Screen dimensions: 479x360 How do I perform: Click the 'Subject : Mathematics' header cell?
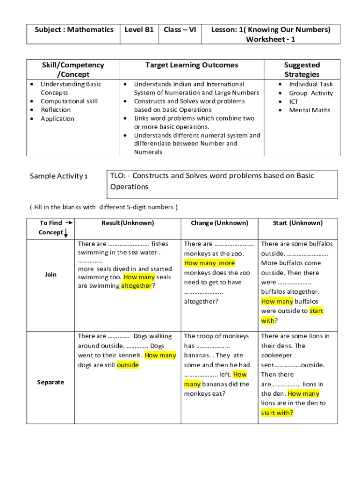[74, 30]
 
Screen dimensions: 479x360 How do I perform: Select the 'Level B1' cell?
[139, 30]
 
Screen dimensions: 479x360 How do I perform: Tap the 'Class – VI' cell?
[180, 30]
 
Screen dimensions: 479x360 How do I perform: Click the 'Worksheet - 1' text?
[271, 40]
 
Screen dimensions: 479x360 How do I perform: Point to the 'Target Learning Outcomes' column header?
[192, 65]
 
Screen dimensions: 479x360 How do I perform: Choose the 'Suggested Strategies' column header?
[302, 70]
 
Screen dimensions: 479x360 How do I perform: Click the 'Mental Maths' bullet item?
[310, 110]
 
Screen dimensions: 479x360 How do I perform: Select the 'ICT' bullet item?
[294, 102]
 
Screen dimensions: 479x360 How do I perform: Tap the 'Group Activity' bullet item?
[311, 93]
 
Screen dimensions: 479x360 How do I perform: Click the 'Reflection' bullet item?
[56, 110]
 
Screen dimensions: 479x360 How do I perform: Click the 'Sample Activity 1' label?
[58, 176]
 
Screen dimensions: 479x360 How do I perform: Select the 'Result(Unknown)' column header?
[128, 223]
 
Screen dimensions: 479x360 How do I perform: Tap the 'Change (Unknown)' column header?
[219, 223]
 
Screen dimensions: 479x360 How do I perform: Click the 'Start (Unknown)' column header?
[298, 223]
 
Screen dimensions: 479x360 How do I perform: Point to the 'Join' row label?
[50, 275]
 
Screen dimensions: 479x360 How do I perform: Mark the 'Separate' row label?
[50, 382]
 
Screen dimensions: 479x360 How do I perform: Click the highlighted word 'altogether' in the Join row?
[137, 286]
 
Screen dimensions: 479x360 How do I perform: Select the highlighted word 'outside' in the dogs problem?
[128, 365]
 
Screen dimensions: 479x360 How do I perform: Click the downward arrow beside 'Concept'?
[66, 233]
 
